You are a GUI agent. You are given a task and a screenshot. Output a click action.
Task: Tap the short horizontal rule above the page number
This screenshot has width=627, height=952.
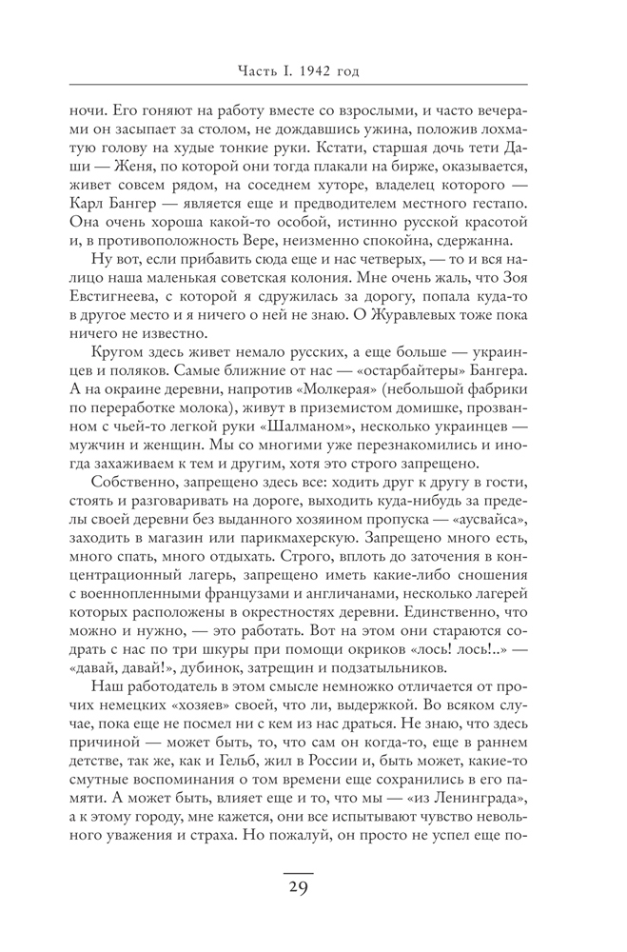click(298, 870)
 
